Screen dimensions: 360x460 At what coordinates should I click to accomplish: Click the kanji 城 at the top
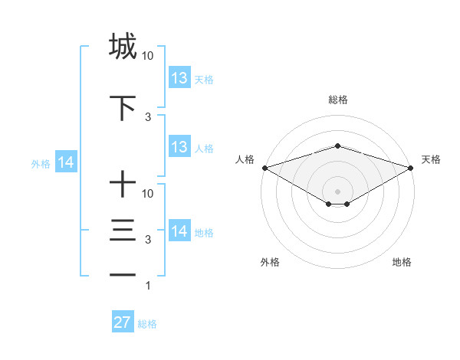[x=123, y=47]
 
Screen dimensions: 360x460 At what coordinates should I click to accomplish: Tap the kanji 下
[x=123, y=107]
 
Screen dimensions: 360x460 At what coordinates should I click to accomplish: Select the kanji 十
[x=123, y=185]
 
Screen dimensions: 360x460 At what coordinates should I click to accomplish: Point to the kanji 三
[x=123, y=231]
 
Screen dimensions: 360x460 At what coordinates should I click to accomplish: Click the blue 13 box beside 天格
[x=179, y=78]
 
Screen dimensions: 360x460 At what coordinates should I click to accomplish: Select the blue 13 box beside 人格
[x=179, y=147]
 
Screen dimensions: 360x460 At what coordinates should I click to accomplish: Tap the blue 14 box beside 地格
[x=179, y=231]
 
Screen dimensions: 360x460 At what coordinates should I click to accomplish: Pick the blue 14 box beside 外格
[x=66, y=162]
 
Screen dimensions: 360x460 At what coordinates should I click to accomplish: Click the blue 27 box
[x=123, y=322]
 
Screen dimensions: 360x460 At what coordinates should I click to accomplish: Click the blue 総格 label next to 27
[x=148, y=324]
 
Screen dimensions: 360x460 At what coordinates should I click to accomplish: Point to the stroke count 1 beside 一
[x=148, y=286]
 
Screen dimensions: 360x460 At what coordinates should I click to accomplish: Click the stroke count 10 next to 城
[x=148, y=56]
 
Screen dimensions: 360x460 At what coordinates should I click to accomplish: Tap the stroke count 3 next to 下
[x=148, y=116]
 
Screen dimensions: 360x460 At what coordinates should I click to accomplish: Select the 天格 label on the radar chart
[x=431, y=159]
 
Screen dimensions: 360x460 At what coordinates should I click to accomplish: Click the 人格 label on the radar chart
[x=245, y=159]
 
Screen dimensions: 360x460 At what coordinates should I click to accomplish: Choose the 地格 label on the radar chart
[x=402, y=262]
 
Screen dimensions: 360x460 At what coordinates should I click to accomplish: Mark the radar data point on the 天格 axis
[x=412, y=167]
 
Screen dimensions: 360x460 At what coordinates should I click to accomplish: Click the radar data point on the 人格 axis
[x=264, y=167]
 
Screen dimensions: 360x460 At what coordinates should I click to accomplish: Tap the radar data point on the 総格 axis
[x=337, y=146]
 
